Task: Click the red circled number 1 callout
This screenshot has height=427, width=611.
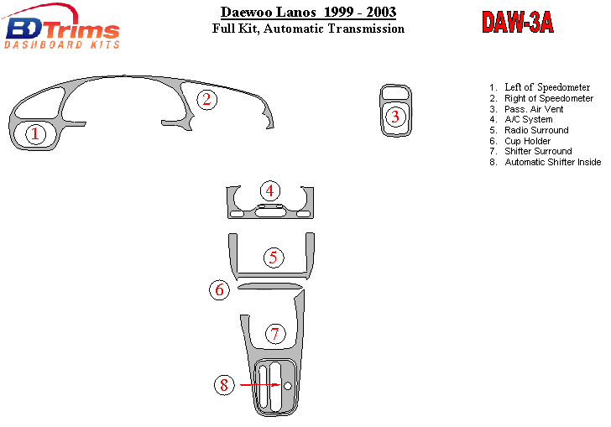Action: pyautogui.click(x=35, y=134)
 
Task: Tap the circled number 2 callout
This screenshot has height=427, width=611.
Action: pyautogui.click(x=206, y=99)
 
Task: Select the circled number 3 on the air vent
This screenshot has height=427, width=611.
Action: pyautogui.click(x=395, y=117)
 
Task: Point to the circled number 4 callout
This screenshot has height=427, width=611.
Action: pyautogui.click(x=270, y=191)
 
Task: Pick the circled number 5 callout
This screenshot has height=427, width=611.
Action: pyautogui.click(x=274, y=258)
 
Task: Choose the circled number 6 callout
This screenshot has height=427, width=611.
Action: pyautogui.click(x=220, y=290)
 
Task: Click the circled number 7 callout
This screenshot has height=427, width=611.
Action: pyautogui.click(x=275, y=334)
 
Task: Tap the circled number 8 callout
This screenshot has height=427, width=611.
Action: pyautogui.click(x=224, y=385)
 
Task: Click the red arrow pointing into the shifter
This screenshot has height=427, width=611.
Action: pyautogui.click(x=260, y=385)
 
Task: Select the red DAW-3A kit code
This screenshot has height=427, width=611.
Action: pyautogui.click(x=518, y=22)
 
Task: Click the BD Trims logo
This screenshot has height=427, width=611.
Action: pyautogui.click(x=61, y=27)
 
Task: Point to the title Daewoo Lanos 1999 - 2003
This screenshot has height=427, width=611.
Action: pyautogui.click(x=308, y=12)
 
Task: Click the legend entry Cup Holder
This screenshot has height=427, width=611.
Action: pyautogui.click(x=527, y=141)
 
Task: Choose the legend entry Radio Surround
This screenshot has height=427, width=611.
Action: pyautogui.click(x=536, y=130)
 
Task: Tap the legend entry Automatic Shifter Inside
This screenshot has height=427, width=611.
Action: pyautogui.click(x=552, y=162)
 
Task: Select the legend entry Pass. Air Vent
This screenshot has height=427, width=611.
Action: pyautogui.click(x=534, y=109)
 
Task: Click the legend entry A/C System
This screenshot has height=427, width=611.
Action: pyautogui.click(x=529, y=119)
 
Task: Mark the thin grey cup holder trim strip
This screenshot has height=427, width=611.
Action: pyautogui.click(x=270, y=286)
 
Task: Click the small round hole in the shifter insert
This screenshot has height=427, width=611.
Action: pyautogui.click(x=288, y=386)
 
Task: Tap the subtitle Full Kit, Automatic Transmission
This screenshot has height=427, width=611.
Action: pyautogui.click(x=308, y=29)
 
